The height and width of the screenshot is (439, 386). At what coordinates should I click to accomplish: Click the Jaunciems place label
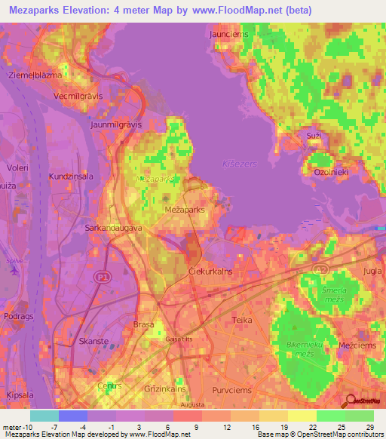click(x=226, y=34)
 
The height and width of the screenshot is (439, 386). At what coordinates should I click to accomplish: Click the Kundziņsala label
click(x=71, y=176)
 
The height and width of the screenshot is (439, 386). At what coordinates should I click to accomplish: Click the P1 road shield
click(x=102, y=278)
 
